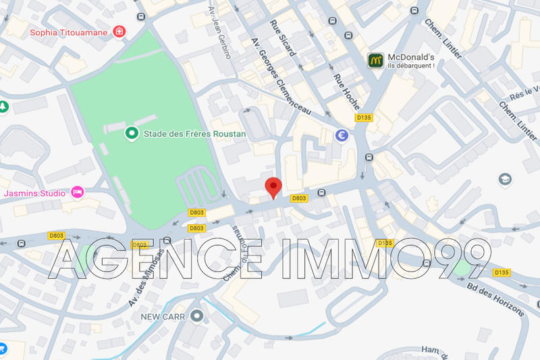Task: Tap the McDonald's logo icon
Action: (x=376, y=60)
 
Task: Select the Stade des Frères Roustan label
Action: (x=194, y=134)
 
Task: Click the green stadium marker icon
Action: (x=133, y=134)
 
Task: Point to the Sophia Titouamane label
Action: (x=70, y=32)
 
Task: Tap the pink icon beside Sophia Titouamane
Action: (x=119, y=31)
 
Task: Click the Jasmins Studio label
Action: (x=34, y=193)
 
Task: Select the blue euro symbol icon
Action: (x=342, y=135)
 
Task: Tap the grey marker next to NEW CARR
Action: (x=197, y=315)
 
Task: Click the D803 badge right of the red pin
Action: (x=298, y=199)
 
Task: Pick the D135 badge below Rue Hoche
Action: (x=364, y=118)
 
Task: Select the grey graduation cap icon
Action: (x=504, y=179)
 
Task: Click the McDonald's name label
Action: (x=410, y=57)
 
